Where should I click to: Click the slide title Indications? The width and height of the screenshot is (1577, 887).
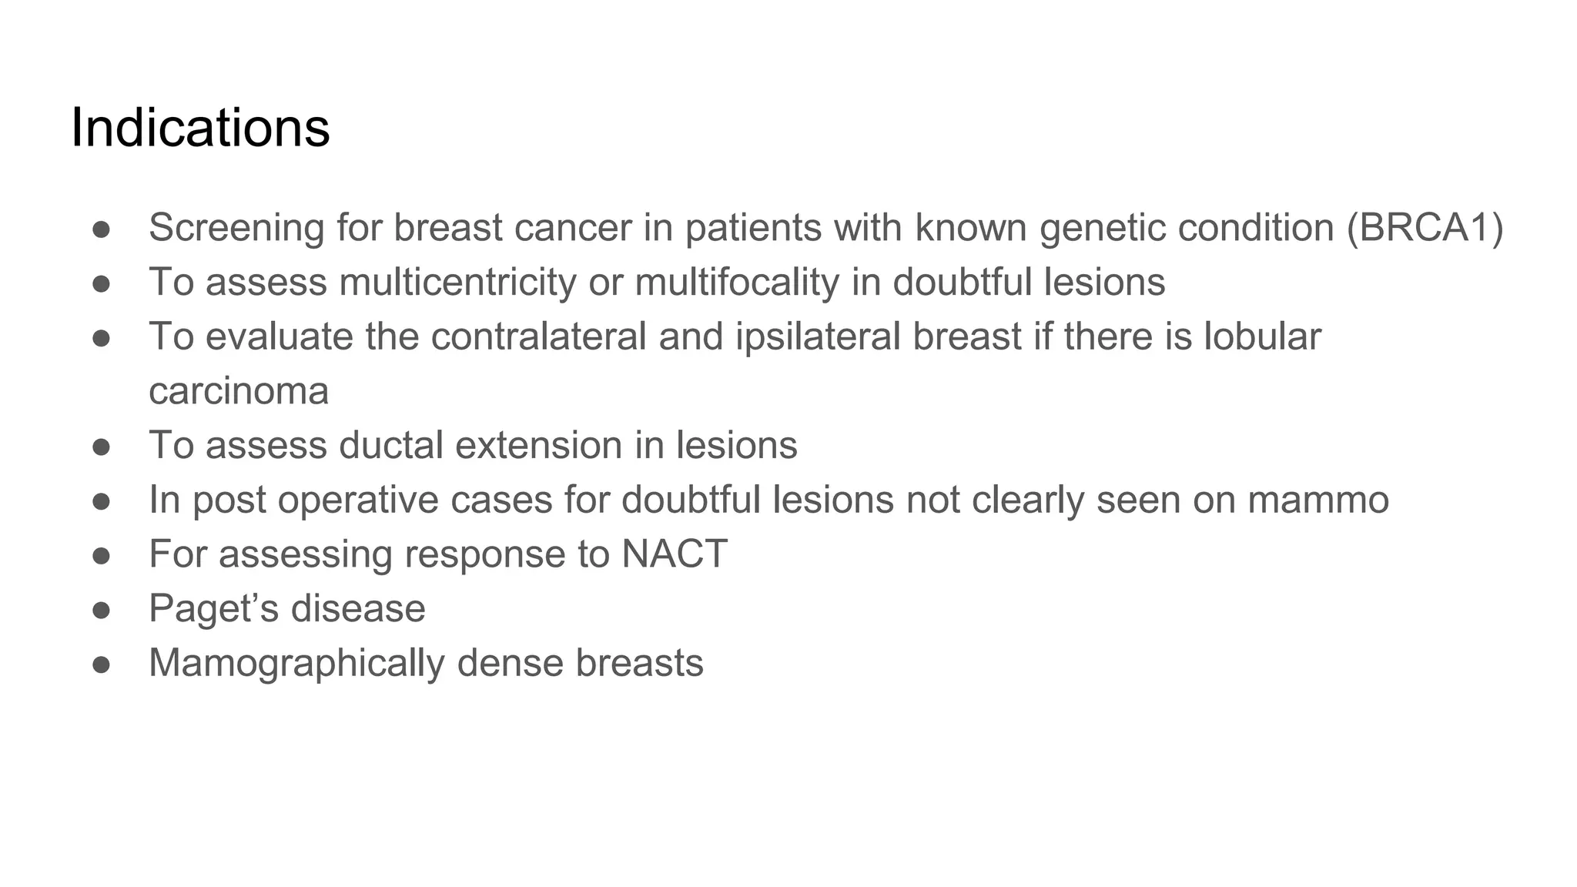[x=200, y=128]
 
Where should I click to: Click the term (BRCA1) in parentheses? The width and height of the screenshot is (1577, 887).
[x=1425, y=228]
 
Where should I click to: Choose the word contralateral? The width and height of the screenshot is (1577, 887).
[x=538, y=336]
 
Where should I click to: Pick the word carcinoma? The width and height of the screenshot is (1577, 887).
[x=239, y=391]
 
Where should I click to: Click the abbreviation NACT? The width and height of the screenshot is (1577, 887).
[x=674, y=554]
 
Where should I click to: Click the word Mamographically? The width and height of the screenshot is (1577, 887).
[x=296, y=664]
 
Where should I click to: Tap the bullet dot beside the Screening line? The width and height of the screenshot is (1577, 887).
[x=102, y=229]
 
